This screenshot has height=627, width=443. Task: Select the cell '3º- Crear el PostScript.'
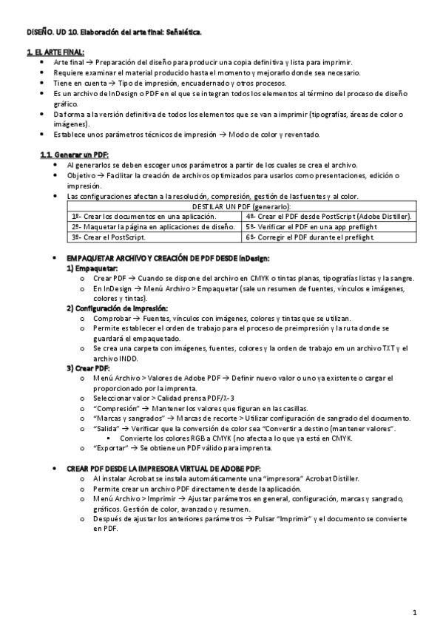click(104, 237)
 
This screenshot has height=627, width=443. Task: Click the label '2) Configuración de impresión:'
click(118, 308)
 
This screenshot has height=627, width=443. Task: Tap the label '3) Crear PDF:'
click(88, 367)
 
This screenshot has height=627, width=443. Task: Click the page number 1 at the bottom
click(415, 612)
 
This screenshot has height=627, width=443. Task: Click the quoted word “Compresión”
click(115, 408)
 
